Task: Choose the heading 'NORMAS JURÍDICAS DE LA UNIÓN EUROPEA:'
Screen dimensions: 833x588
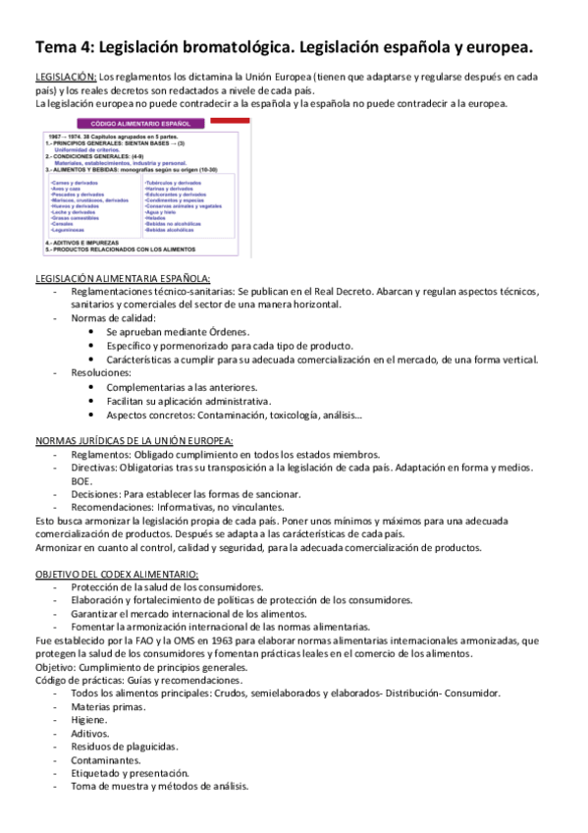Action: (x=134, y=441)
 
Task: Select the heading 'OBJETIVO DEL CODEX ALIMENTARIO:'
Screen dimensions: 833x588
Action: (x=116, y=574)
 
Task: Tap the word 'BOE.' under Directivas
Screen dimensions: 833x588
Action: (x=80, y=481)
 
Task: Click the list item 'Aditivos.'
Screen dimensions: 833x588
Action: (x=91, y=733)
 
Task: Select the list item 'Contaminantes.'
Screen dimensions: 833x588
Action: (x=106, y=759)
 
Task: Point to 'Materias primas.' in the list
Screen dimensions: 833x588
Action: (x=108, y=706)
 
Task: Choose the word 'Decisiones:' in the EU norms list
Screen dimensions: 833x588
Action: (x=97, y=494)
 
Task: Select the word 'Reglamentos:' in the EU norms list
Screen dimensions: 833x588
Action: (x=101, y=455)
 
